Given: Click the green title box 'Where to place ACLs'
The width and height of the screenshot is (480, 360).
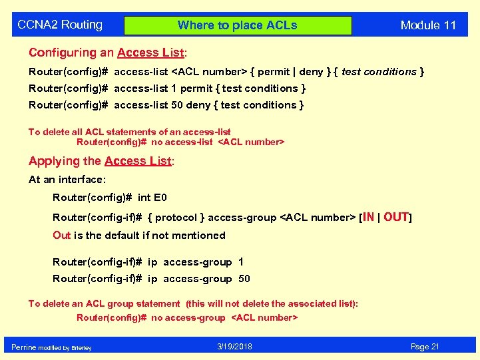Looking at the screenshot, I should click(238, 25).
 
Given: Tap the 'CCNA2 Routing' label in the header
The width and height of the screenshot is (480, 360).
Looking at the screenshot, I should click(60, 25).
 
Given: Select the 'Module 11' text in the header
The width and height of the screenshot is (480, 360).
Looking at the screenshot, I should click(428, 25).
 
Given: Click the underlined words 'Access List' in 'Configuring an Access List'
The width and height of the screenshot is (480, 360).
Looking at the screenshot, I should click(150, 53).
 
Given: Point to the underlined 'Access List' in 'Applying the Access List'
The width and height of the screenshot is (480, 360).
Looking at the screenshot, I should click(138, 161).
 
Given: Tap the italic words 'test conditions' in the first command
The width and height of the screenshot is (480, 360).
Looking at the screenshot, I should click(379, 72).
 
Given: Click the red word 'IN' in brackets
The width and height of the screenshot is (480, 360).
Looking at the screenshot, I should click(368, 217).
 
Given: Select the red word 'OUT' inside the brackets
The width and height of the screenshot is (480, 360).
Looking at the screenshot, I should click(395, 217).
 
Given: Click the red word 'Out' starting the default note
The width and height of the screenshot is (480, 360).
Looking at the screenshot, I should click(61, 236).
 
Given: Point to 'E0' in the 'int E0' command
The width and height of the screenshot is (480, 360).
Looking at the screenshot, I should click(160, 198).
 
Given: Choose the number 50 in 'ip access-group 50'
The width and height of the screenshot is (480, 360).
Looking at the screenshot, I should click(244, 279).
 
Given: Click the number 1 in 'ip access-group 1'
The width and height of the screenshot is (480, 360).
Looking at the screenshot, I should click(241, 262).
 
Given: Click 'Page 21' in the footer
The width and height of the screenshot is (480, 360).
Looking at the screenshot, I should click(425, 347).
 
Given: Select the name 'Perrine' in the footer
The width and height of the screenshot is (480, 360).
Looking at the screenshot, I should click(24, 347).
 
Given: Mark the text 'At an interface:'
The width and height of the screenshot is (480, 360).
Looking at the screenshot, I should click(67, 180).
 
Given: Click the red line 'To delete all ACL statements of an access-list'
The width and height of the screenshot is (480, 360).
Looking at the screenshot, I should click(129, 132).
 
